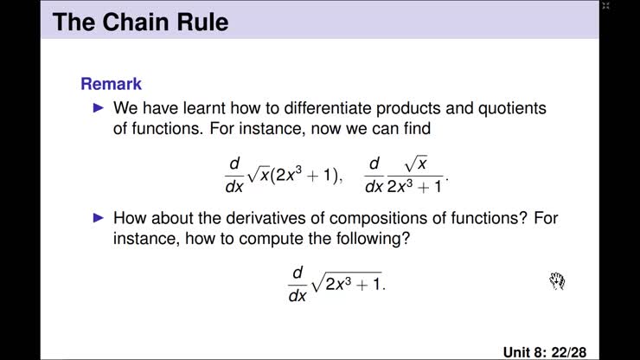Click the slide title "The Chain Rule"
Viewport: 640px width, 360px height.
[141, 21]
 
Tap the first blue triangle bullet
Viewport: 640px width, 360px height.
[98, 109]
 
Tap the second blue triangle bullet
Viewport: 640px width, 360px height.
[98, 218]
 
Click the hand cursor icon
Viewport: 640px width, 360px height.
[557, 280]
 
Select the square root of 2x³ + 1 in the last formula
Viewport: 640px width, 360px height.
[349, 282]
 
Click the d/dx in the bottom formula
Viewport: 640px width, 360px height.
[297, 282]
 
